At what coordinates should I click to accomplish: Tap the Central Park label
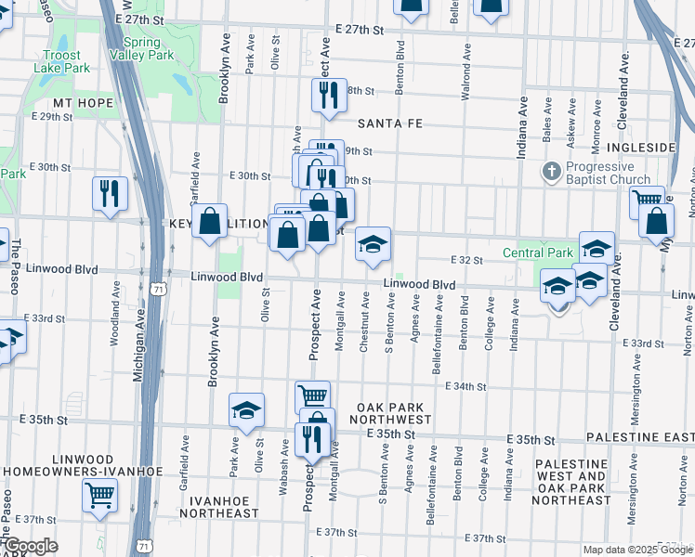coord(539,253)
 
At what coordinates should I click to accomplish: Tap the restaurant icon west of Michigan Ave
coord(110,194)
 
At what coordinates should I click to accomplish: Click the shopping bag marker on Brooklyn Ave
coord(210,222)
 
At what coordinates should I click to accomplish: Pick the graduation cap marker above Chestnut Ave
coord(374,245)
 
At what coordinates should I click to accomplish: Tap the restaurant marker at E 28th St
coord(329,96)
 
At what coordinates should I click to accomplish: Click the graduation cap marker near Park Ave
coord(246,410)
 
